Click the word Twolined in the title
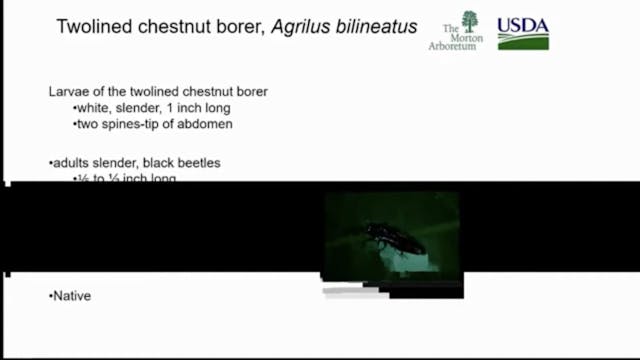(x=92, y=27)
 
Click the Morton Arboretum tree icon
(x=469, y=20)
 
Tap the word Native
(x=71, y=296)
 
